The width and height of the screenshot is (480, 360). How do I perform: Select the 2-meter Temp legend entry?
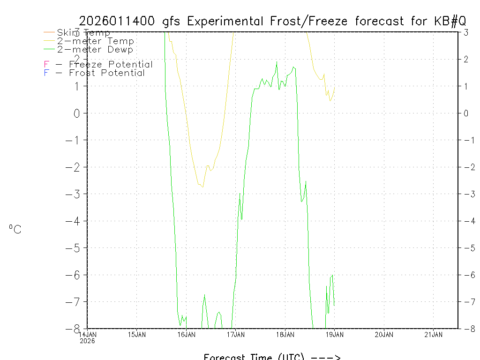click(x=95, y=41)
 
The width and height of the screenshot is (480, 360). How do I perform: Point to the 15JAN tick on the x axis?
click(x=136, y=334)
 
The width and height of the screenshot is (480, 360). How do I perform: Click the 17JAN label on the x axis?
click(x=235, y=334)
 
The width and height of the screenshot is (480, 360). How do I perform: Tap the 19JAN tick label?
click(x=334, y=334)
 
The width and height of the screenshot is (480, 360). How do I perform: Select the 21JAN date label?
click(x=433, y=334)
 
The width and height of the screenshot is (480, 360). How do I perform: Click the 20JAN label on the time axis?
click(x=384, y=334)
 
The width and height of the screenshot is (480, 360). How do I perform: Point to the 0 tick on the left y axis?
click(x=77, y=113)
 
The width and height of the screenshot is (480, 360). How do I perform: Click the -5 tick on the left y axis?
click(x=74, y=247)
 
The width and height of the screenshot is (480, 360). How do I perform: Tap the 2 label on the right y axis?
click(x=466, y=59)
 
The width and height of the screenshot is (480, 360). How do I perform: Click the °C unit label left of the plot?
click(x=15, y=230)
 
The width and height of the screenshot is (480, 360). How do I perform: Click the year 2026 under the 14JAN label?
click(x=87, y=341)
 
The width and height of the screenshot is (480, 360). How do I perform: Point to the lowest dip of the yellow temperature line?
click(x=202, y=187)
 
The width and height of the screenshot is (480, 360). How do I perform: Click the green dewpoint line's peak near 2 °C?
click(x=277, y=62)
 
